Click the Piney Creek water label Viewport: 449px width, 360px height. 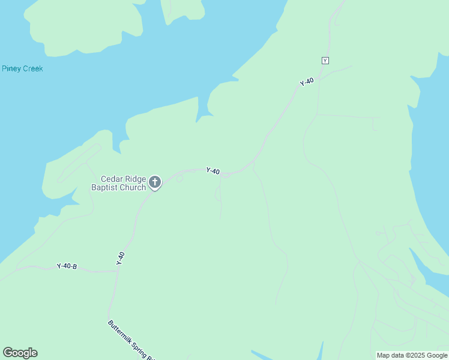point(23,68)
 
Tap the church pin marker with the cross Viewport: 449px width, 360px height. point(155,182)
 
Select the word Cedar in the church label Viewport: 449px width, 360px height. point(112,179)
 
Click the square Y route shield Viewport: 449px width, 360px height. point(325,61)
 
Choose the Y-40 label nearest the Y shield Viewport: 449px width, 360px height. point(307,82)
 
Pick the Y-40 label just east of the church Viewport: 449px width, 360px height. point(212,171)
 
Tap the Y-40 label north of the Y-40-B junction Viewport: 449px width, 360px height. point(121,258)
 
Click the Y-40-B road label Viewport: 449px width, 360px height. point(67,266)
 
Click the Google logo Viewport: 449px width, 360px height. point(20,353)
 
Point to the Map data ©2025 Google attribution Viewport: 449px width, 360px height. point(411,355)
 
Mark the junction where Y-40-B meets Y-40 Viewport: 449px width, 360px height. point(118,271)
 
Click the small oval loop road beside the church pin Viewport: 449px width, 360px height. point(179,178)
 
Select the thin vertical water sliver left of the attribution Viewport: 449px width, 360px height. point(321,352)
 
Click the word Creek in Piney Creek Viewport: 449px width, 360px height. point(33,68)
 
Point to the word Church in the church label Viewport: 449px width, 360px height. point(133,187)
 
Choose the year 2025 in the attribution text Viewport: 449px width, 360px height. point(417,355)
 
